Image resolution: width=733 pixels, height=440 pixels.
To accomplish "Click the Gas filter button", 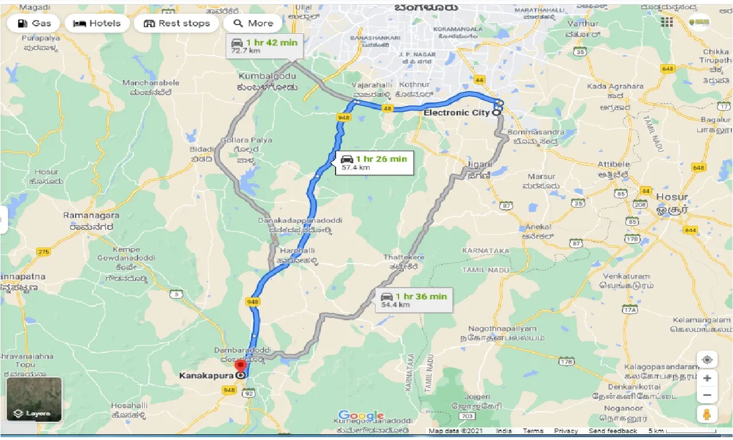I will [x=34, y=23].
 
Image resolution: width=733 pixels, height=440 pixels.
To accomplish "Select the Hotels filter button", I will [x=97, y=23].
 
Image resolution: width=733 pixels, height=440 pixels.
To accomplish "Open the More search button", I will [x=253, y=23].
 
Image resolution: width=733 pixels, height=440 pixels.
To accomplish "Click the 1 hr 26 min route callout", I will [x=374, y=163].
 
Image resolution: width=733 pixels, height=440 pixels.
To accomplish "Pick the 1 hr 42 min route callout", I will [x=264, y=46].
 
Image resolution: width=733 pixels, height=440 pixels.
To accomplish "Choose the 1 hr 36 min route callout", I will [x=414, y=300].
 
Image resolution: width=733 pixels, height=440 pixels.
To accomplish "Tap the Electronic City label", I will [x=456, y=113].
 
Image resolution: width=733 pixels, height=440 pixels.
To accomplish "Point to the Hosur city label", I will [x=672, y=197].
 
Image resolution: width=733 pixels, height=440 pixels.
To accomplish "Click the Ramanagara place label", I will [x=92, y=215].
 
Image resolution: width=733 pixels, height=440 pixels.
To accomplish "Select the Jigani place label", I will [x=479, y=164].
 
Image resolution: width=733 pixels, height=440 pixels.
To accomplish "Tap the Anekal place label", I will [x=537, y=227].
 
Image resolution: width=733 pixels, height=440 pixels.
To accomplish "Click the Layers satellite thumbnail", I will [x=34, y=399].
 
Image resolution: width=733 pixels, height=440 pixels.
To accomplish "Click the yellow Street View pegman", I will [x=707, y=414].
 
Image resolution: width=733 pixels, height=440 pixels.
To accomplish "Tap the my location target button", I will [x=707, y=360].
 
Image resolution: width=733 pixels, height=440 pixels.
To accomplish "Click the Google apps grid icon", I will [x=667, y=22].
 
